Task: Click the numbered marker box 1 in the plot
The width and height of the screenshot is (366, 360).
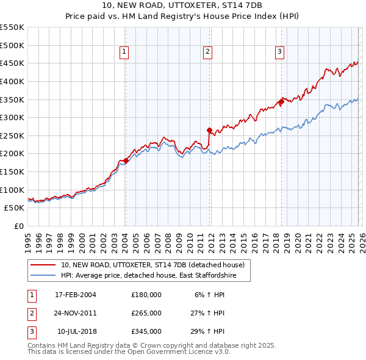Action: (124, 52)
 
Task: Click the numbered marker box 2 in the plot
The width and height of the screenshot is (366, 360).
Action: (207, 52)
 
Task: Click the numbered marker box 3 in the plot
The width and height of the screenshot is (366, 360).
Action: (279, 52)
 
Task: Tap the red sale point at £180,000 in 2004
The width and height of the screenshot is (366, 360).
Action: (126, 160)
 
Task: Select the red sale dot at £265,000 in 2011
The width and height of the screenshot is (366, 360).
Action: (209, 130)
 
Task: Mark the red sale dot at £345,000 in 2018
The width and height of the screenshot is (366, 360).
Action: (281, 101)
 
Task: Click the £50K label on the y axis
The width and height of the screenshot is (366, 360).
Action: (15, 208)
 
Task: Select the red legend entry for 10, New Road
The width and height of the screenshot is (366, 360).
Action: (152, 265)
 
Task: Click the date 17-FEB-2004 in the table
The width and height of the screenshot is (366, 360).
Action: (76, 295)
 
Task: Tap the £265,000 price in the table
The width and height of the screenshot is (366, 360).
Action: (146, 313)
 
